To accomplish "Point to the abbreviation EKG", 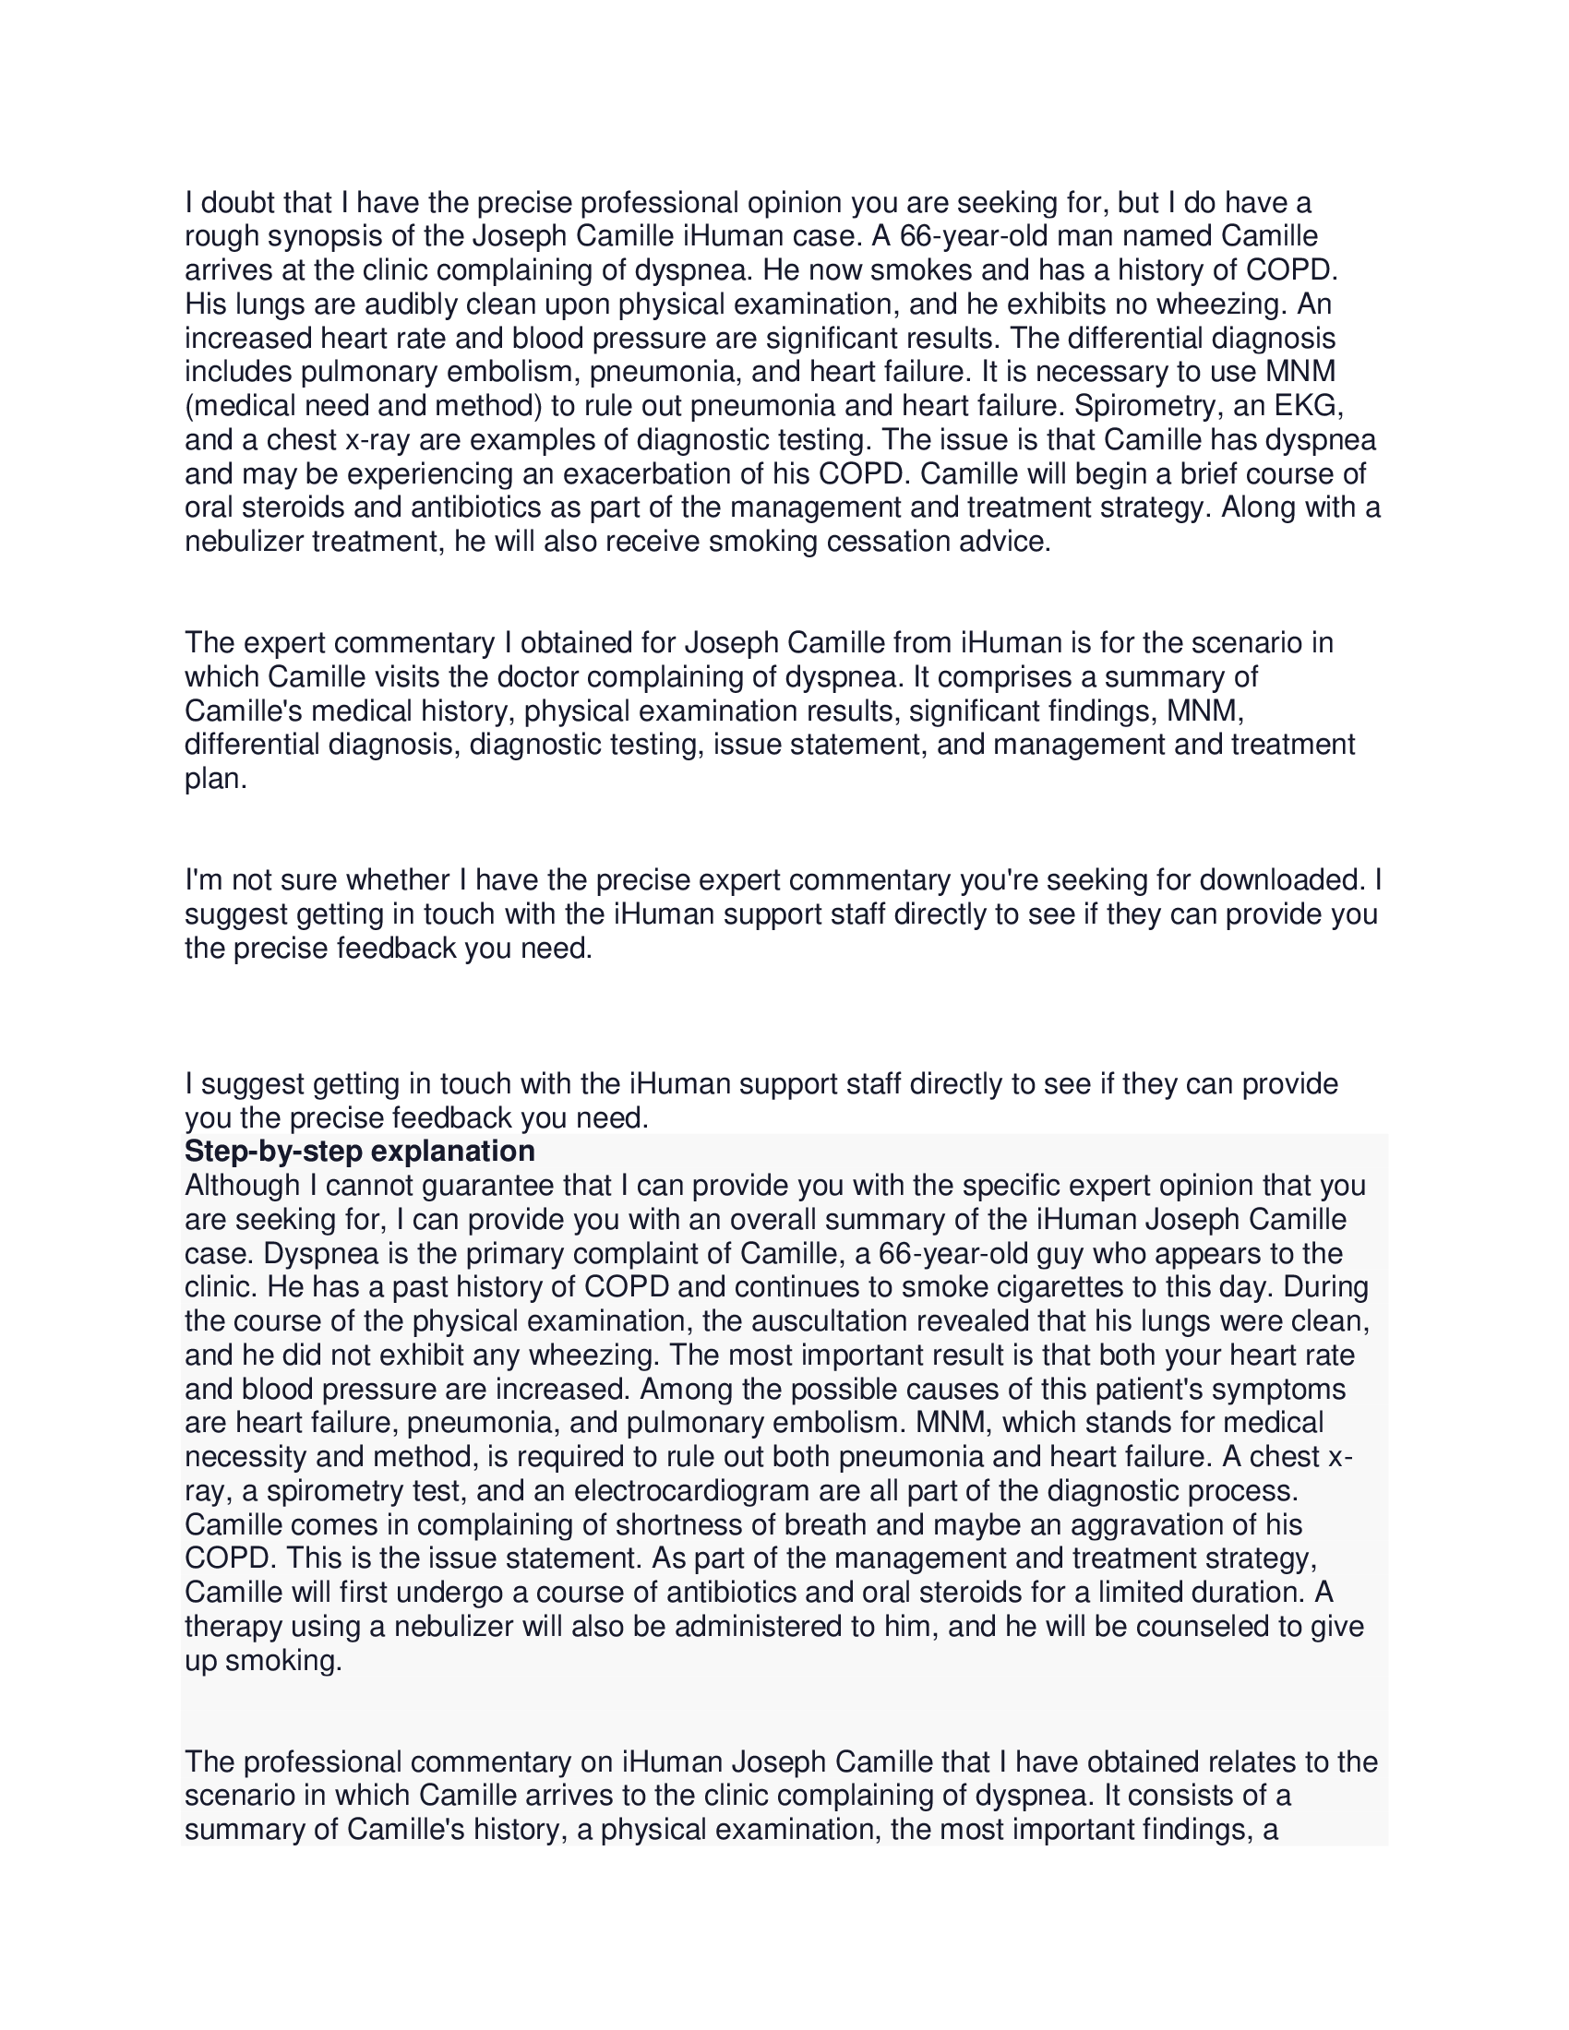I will point(1310,405).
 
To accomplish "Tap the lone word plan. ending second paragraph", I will point(216,778).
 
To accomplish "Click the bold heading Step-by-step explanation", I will point(360,1151).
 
